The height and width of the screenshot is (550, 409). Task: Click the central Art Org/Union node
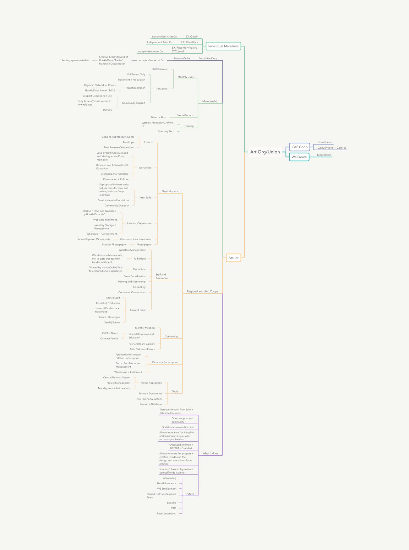tap(265, 152)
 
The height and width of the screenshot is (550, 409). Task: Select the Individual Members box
tap(223, 46)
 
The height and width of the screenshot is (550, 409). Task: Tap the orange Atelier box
tap(233, 258)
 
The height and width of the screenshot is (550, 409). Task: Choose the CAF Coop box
tap(299, 147)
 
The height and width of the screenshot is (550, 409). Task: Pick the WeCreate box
tap(299, 157)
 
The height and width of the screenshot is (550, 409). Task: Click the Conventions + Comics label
tap(332, 148)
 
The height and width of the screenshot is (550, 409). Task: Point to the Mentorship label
tap(324, 155)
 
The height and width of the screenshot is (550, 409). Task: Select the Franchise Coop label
tap(208, 58)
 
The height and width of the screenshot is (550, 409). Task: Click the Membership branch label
tap(210, 101)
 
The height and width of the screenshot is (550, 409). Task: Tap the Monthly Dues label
tap(186, 77)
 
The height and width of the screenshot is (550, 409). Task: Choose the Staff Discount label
tap(160, 69)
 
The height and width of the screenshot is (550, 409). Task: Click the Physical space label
tap(170, 191)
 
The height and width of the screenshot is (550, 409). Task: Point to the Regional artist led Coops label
tap(202, 291)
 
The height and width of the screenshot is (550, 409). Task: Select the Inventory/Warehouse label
tap(139, 223)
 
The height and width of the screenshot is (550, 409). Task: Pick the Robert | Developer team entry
tap(109, 317)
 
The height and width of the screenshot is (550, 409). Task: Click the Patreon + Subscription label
tap(165, 362)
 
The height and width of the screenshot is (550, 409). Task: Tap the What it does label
tap(210, 453)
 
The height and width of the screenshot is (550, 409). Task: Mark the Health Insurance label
tap(166, 483)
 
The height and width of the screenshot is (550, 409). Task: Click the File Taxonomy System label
tap(149, 399)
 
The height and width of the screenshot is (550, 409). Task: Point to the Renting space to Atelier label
tap(75, 60)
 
